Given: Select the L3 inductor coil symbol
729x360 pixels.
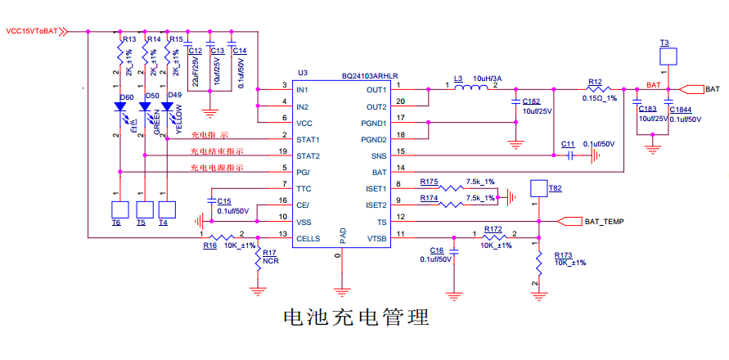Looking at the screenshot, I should click(472, 88).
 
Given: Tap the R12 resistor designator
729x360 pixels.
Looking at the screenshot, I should click(595, 82).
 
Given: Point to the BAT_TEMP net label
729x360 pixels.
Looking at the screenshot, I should click(604, 221).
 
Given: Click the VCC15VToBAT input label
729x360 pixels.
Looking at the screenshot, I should click(32, 31).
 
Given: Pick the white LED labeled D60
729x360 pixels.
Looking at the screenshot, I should click(121, 107).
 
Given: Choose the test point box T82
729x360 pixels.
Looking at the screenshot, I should click(538, 188).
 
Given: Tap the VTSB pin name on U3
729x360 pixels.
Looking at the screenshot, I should click(376, 238).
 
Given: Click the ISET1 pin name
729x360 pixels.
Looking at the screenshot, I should click(376, 188).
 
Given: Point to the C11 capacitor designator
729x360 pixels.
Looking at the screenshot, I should click(568, 144).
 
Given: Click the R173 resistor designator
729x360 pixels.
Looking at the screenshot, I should click(565, 254).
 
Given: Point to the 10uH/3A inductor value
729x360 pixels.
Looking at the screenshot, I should click(488, 79).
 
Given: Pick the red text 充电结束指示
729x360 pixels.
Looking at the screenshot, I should click(217, 151).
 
